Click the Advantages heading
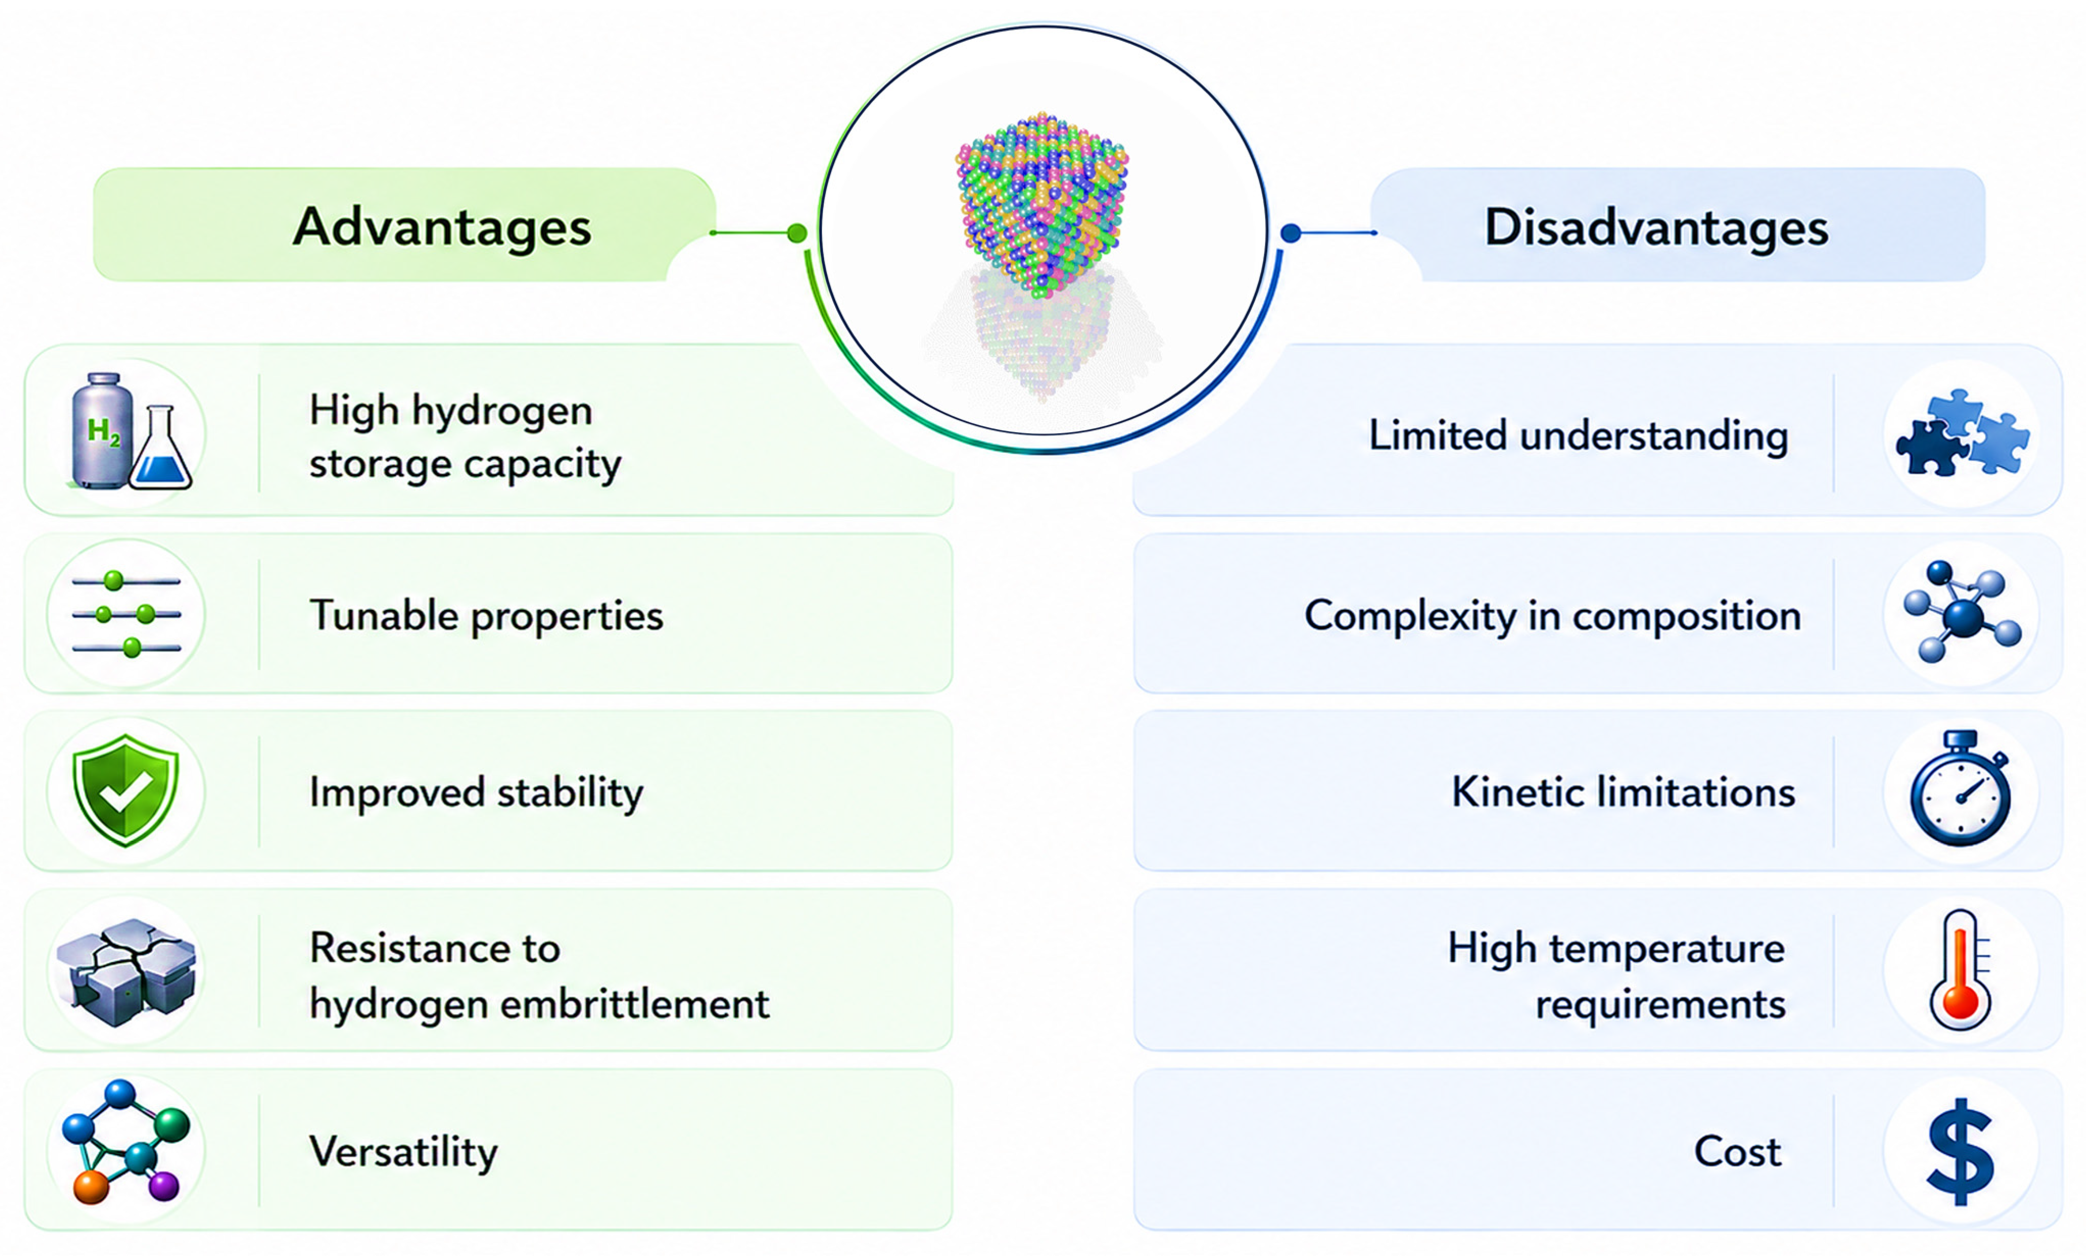point(442,227)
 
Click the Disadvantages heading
point(1657,227)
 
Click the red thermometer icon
point(1961,970)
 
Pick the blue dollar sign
point(1961,1151)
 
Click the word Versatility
point(404,1153)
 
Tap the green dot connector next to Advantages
point(796,233)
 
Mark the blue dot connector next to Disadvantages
point(1290,233)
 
